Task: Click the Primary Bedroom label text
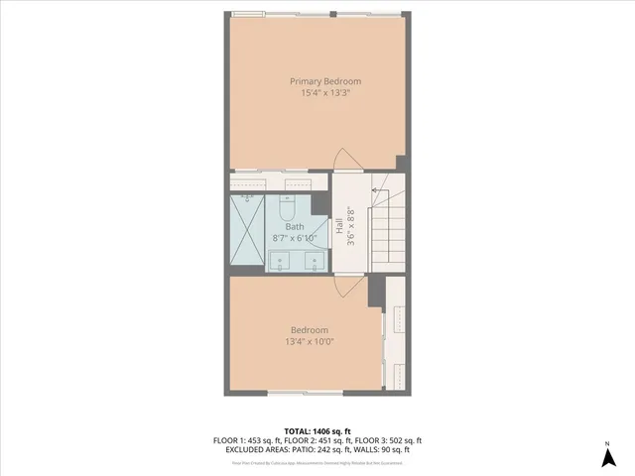point(325,81)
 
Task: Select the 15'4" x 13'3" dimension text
point(325,93)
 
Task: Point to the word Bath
point(295,227)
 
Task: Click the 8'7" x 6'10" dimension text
point(295,239)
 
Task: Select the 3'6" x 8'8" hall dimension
point(350,226)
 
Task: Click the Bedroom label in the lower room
point(309,330)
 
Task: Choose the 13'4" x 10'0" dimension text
point(309,342)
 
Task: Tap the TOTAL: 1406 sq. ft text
point(317,431)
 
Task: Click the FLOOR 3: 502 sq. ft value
point(388,440)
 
